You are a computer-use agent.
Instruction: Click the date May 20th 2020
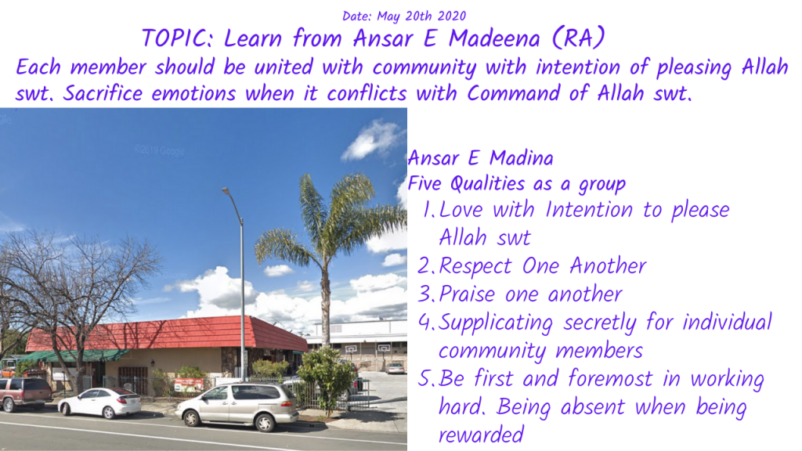(x=421, y=16)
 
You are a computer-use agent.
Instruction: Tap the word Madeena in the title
(x=494, y=38)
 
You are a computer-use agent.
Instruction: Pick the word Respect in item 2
(x=475, y=266)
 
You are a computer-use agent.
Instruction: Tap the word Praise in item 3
(x=467, y=294)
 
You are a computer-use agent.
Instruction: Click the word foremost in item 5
(x=610, y=378)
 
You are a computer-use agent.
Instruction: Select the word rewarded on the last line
(x=482, y=435)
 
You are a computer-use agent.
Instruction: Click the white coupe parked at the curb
(x=99, y=402)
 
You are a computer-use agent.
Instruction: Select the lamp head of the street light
(x=226, y=191)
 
